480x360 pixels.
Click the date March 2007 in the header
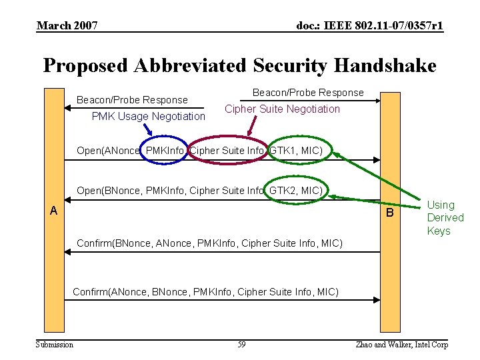(67, 26)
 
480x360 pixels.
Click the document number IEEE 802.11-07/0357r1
(370, 26)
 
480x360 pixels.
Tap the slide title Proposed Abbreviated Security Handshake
(239, 65)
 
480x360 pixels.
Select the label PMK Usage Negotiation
(149, 117)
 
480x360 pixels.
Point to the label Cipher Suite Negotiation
(282, 109)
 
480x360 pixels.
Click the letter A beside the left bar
(53, 211)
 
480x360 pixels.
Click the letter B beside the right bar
(391, 214)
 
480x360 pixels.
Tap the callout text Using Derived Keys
(445, 218)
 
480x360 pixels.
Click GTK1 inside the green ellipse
(283, 151)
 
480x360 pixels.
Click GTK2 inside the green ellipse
(283, 191)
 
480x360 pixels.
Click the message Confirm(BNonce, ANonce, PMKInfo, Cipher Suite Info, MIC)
(210, 243)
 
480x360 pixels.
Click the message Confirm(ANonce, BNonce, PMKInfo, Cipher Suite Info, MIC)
(205, 292)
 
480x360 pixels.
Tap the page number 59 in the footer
(241, 344)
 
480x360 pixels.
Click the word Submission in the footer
(55, 344)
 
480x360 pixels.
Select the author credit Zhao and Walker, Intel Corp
(401, 344)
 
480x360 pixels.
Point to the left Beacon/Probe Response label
(132, 100)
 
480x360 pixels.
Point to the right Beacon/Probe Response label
(308, 92)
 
